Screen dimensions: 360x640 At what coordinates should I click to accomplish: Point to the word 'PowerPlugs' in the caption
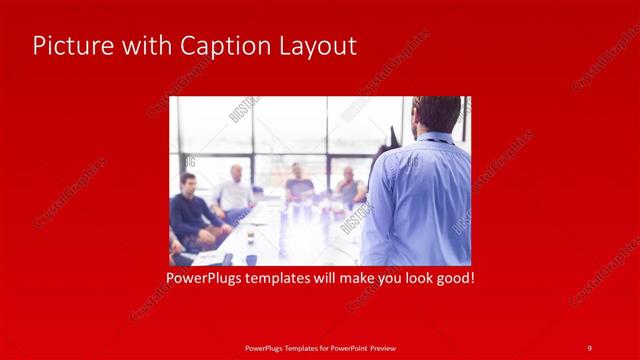point(207,277)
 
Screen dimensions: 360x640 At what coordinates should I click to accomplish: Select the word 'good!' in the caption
point(454,277)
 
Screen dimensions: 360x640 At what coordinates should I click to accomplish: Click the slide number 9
point(589,347)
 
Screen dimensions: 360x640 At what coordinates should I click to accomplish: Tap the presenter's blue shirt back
point(420,200)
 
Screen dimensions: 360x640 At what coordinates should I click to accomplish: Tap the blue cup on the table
point(251,259)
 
